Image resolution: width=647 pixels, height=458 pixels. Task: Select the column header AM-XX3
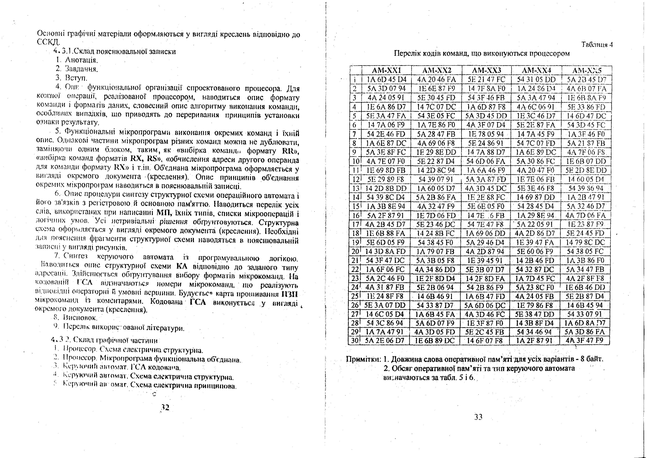[486, 70]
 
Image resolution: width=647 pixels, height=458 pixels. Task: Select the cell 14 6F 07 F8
[485, 340]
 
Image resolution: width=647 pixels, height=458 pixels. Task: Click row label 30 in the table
[354, 340]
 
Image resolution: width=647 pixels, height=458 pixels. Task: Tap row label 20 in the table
[355, 251]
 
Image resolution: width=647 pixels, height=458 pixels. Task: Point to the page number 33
[478, 417]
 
